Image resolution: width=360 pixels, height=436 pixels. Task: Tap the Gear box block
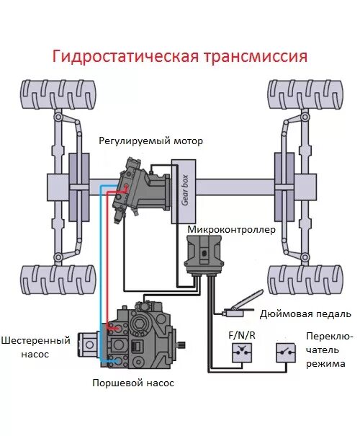(x=184, y=190)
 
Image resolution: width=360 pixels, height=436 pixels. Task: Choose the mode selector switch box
(x=285, y=352)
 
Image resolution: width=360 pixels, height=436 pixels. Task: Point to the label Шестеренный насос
(x=35, y=347)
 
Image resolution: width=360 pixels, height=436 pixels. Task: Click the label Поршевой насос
(x=132, y=383)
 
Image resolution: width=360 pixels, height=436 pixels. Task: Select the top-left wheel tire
(x=58, y=94)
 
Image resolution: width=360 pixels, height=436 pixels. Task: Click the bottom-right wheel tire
(x=303, y=280)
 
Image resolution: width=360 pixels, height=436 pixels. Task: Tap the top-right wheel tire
(x=303, y=94)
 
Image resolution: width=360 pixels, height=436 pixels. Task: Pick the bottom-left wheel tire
(x=58, y=280)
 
